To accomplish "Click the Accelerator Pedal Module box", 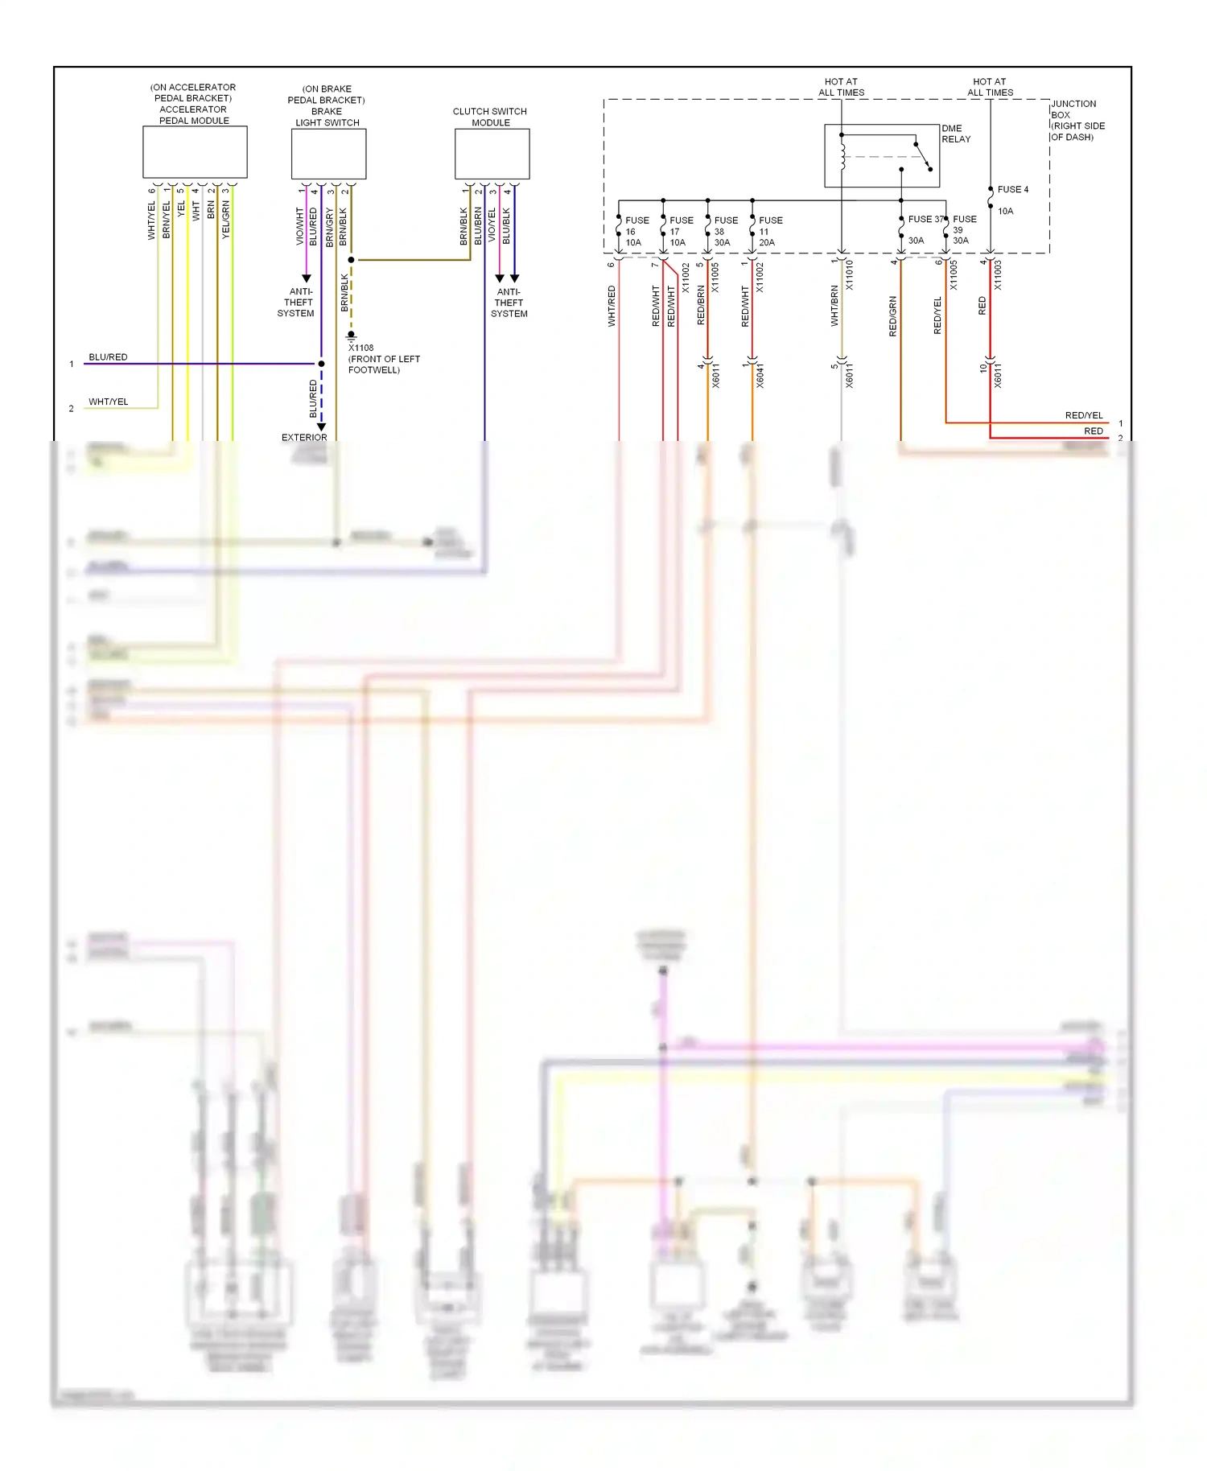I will (x=195, y=152).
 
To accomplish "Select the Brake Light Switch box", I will (x=328, y=154).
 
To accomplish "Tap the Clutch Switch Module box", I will (x=492, y=154).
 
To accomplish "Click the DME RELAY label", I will (x=956, y=134).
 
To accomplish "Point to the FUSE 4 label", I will (x=1012, y=190).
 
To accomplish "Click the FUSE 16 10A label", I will (x=636, y=231).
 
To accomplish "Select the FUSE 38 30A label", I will (x=725, y=231).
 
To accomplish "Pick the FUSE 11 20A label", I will (x=769, y=231).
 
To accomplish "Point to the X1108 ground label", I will (x=361, y=348).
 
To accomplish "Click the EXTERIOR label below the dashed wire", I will (x=304, y=437).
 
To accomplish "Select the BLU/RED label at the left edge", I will (x=108, y=356).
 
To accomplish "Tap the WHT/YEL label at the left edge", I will (x=108, y=402).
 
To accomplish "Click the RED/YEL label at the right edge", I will (x=1083, y=415).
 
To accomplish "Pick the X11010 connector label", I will (x=850, y=274).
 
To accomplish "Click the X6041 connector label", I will (x=760, y=376).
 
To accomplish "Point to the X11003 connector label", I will (x=998, y=274).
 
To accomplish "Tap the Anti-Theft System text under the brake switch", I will (x=297, y=303).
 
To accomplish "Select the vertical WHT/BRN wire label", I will (x=834, y=306).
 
